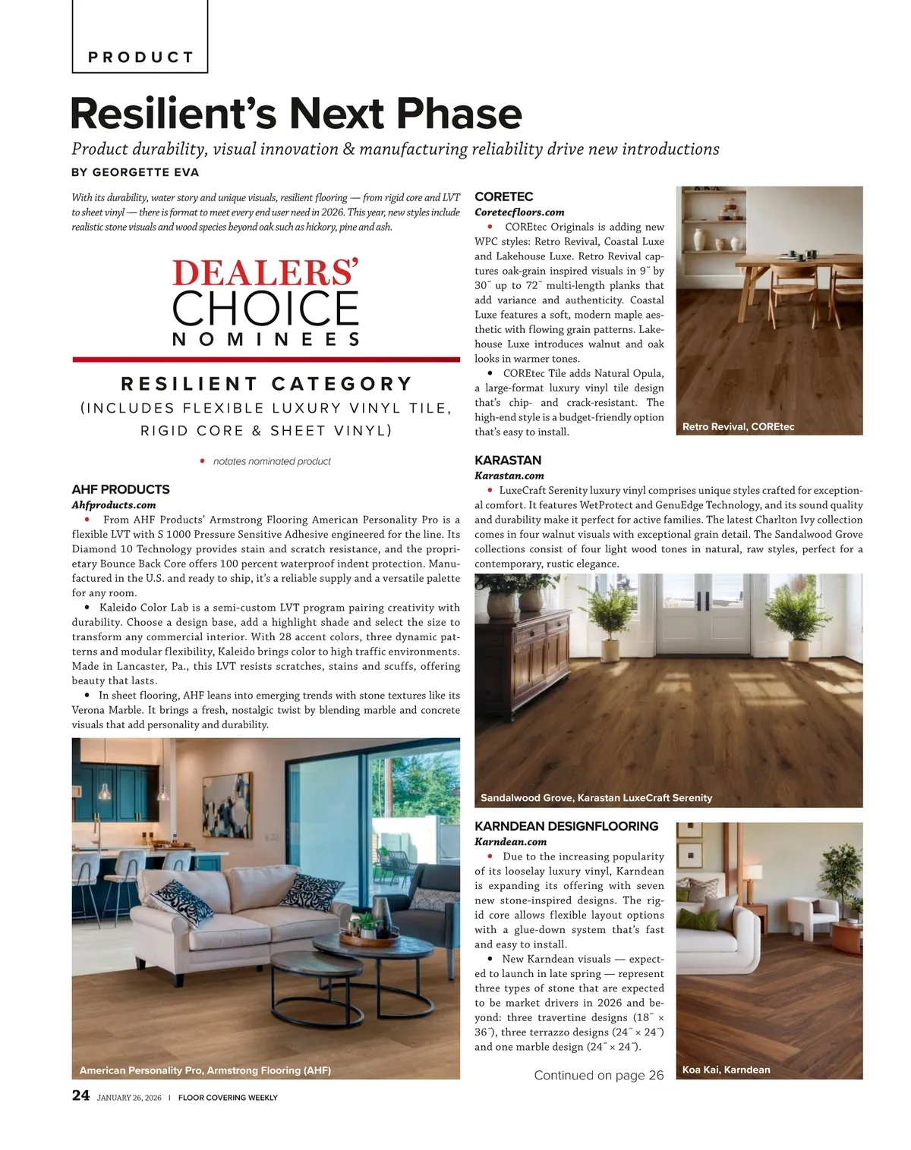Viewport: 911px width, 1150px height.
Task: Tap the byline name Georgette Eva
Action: (146, 172)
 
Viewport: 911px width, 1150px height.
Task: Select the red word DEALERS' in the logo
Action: (265, 273)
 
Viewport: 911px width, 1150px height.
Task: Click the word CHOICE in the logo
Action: (265, 308)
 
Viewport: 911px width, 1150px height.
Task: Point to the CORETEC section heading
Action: (503, 196)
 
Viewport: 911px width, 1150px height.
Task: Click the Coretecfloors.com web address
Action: (519, 212)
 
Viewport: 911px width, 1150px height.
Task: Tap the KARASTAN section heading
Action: (507, 460)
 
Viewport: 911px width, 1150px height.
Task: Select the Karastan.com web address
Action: (509, 476)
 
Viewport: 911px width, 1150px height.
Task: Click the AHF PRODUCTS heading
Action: (121, 489)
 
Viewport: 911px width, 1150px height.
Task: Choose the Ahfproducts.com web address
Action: (114, 505)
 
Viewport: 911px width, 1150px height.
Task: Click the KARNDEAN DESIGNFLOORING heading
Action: (566, 826)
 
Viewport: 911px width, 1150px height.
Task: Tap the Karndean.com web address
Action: (510, 841)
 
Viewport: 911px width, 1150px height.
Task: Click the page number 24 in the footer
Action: (80, 1095)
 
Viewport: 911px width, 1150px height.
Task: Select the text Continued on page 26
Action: (598, 1075)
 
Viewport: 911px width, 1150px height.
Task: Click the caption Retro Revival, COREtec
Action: (738, 426)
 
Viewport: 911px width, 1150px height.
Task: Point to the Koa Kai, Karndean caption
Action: (726, 1070)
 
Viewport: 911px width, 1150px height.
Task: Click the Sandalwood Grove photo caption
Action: (596, 798)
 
